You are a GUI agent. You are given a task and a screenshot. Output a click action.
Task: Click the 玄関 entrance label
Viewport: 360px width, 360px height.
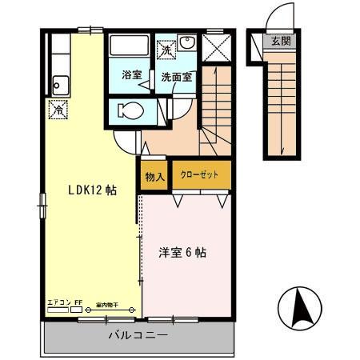pos(281,42)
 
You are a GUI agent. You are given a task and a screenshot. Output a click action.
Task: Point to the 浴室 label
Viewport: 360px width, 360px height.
pos(131,76)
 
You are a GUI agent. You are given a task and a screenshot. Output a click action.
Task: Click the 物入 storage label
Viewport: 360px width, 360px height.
pos(155,177)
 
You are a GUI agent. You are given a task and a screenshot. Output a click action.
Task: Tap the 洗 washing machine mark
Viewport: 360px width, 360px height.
pos(166,50)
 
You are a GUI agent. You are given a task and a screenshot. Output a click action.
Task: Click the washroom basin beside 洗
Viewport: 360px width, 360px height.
pos(186,44)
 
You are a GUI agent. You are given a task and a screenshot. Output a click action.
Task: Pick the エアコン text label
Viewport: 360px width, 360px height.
pos(58,302)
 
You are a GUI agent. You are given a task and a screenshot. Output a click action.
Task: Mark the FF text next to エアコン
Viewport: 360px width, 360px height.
pos(78,302)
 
